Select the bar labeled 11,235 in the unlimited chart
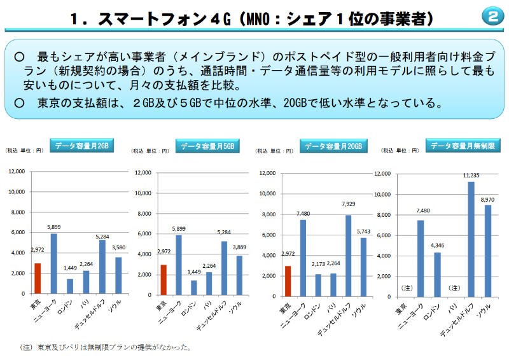click(x=471, y=239)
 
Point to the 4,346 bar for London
click(x=437, y=275)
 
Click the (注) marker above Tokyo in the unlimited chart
click(x=403, y=288)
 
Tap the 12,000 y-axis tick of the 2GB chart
click(x=16, y=172)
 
